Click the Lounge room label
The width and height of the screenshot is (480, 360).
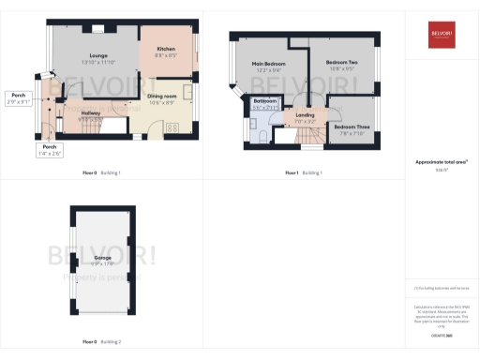pyautogui.click(x=98, y=56)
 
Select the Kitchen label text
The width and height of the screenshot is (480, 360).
pyautogui.click(x=166, y=49)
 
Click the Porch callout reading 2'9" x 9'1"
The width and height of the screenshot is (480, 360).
pyautogui.click(x=18, y=102)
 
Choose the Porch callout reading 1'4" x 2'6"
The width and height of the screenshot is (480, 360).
pyautogui.click(x=50, y=154)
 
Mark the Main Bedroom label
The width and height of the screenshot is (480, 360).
pyautogui.click(x=268, y=64)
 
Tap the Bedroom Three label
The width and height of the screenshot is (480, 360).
pyautogui.click(x=352, y=126)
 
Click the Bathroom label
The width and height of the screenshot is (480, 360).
pyautogui.click(x=264, y=100)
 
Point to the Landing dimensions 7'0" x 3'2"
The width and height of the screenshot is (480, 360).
pyautogui.click(x=306, y=121)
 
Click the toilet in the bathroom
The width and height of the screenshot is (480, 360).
pyautogui.click(x=258, y=135)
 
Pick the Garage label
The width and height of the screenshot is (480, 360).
pyautogui.click(x=103, y=257)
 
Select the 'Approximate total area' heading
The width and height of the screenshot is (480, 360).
pyautogui.click(x=441, y=162)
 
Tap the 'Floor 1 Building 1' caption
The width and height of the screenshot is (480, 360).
pyautogui.click(x=304, y=173)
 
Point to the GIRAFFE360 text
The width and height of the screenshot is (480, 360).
pyautogui.click(x=441, y=335)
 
